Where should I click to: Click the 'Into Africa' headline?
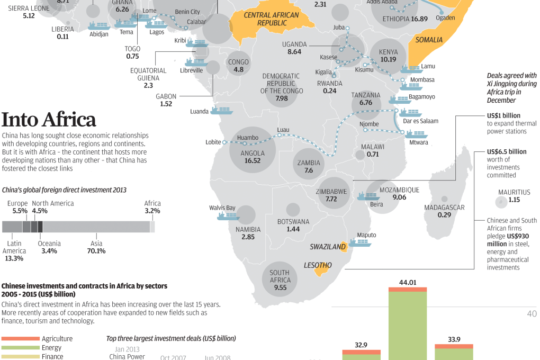click(49, 120)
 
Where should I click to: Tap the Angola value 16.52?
click(252, 160)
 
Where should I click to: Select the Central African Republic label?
click(271, 19)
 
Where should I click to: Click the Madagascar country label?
click(444, 208)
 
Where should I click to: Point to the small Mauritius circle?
click(500, 202)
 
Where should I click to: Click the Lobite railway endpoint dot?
click(224, 142)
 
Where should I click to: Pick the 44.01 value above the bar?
click(407, 283)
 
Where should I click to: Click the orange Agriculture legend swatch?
click(20, 338)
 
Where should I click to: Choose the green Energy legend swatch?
click(20, 348)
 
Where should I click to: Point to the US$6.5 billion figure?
click(507, 151)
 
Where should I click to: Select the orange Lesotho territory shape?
click(320, 271)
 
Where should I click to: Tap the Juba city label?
click(339, 27)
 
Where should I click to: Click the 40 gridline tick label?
click(532, 314)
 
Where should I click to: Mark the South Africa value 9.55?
click(280, 287)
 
